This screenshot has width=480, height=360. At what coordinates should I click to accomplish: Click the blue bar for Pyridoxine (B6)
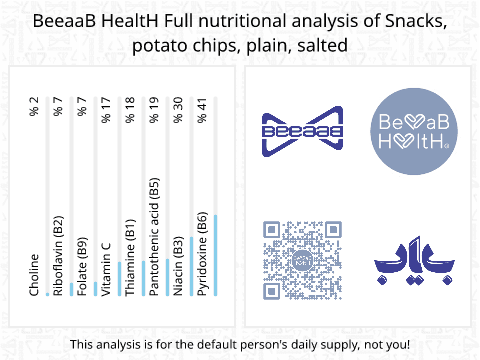coord(215,255)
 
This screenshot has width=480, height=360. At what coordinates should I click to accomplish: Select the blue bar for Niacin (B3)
coord(191,266)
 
